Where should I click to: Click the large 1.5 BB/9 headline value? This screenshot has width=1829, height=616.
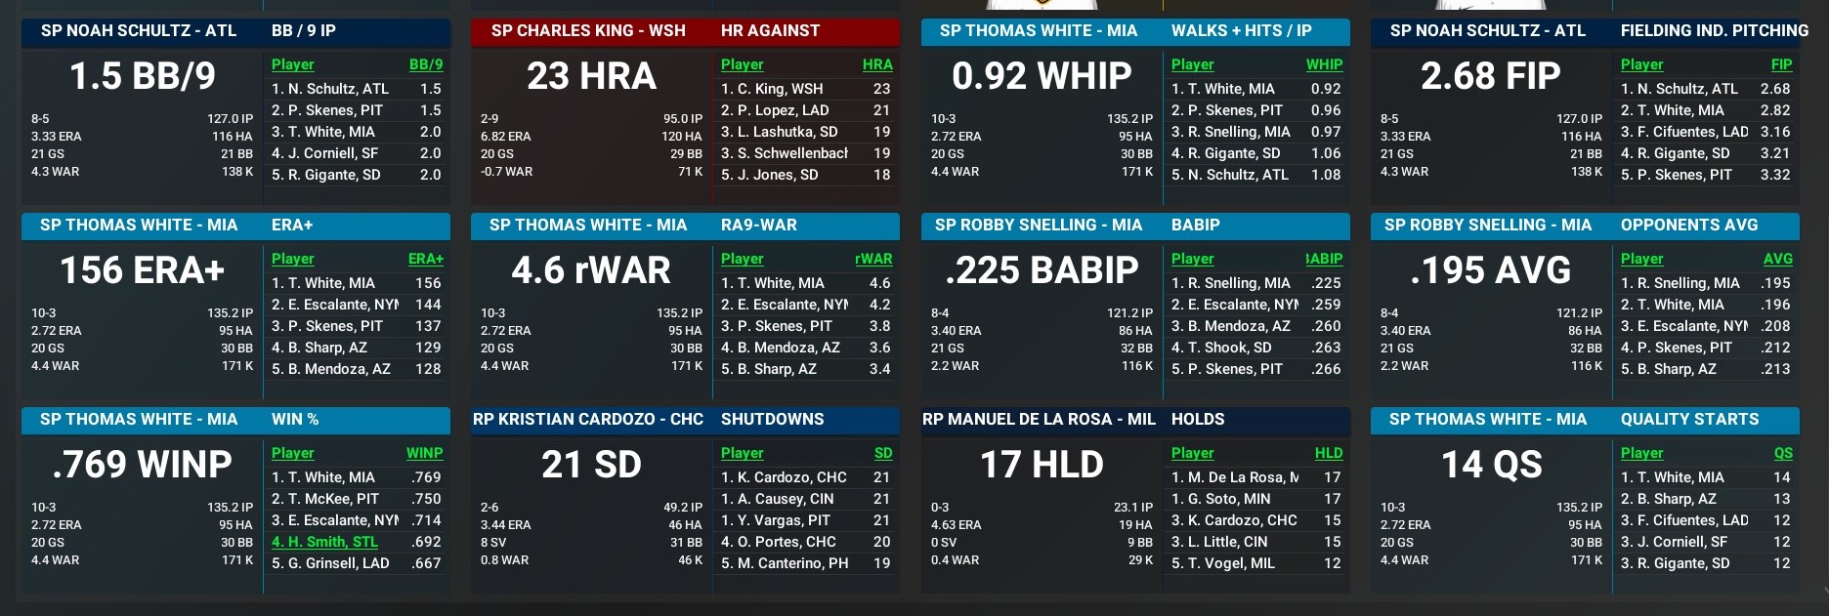coord(143,76)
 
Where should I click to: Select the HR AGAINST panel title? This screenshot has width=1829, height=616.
coord(770,30)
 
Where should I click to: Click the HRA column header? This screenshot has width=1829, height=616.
coord(876,64)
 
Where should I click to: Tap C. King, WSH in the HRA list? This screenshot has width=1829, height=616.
coord(772,89)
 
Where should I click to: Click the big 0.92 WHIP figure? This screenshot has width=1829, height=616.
coord(1042,76)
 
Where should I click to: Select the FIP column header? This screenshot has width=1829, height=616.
coord(1781,64)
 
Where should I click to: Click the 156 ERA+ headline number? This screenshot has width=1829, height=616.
coord(143,270)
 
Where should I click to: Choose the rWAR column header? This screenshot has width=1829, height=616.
coord(872,259)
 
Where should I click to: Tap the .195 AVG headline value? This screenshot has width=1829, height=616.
coord(1491,270)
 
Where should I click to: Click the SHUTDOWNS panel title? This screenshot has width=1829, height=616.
coord(772,419)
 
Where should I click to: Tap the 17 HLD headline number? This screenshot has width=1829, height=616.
coord(1042,465)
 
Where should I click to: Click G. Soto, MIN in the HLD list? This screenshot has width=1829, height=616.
coord(1220,499)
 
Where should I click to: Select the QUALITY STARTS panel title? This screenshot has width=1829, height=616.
coord(1689,419)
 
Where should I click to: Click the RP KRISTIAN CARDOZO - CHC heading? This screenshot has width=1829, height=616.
coord(588,419)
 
